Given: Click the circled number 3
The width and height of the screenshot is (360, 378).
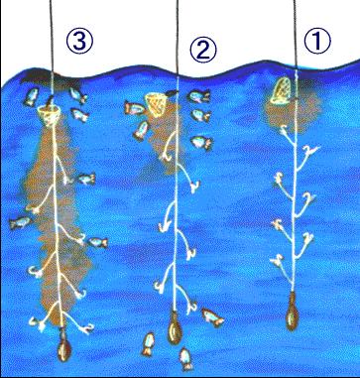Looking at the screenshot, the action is click(x=79, y=43).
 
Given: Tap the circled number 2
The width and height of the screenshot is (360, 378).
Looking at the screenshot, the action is click(x=203, y=50).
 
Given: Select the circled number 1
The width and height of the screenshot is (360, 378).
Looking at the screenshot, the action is click(x=316, y=42).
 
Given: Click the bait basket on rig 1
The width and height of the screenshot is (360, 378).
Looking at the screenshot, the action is click(x=282, y=90).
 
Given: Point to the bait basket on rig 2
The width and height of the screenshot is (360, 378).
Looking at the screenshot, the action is click(x=158, y=102).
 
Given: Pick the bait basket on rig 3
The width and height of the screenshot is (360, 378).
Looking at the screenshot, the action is click(x=50, y=115).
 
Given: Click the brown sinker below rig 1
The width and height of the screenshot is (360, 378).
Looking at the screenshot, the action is click(x=293, y=311).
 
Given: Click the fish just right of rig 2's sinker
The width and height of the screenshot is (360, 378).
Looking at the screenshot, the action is click(x=212, y=317).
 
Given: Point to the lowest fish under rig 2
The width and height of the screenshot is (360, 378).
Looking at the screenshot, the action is click(x=186, y=359).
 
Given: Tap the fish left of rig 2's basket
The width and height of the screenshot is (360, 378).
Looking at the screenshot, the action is click(x=135, y=108).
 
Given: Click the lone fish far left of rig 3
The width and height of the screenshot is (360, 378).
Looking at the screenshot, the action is click(x=20, y=223).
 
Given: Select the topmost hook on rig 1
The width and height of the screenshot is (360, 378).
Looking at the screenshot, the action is click(x=285, y=131).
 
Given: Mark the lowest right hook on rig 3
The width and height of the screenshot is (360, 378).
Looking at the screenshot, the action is click(x=86, y=327).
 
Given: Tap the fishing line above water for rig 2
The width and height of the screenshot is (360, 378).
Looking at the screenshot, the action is click(x=178, y=38).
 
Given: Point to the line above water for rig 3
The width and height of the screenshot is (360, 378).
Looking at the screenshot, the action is click(x=52, y=36).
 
